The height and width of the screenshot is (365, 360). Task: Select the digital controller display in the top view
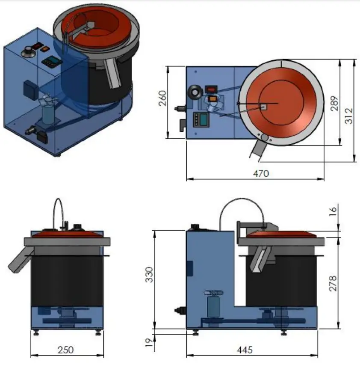click(200, 119)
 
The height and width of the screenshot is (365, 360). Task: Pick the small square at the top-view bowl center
click(263, 107)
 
